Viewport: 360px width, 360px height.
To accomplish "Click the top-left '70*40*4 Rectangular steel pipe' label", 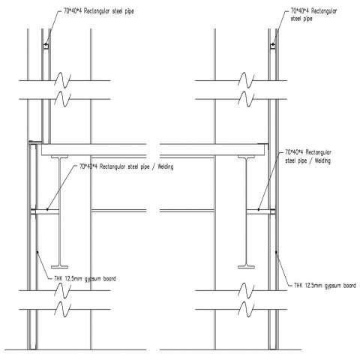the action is (99, 11).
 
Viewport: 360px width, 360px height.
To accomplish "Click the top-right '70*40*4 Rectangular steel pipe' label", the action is (313, 15).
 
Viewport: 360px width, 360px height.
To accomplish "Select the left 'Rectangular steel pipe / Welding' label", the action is (126, 166).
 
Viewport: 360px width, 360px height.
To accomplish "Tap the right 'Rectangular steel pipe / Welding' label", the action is (308, 157).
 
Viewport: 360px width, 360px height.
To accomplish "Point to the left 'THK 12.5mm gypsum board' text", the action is (85, 279).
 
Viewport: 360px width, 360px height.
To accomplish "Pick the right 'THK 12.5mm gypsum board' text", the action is (325, 286).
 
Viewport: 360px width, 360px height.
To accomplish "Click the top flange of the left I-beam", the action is (59, 157).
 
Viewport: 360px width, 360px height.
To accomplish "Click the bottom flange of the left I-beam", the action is (59, 267).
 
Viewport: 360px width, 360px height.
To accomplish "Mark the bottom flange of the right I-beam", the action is (246, 267).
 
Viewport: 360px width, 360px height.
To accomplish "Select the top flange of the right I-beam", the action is (246, 157).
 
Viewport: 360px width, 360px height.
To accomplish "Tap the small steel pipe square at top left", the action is (46, 46).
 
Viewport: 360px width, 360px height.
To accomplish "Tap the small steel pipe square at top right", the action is (273, 46).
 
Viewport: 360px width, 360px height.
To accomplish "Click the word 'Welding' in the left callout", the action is (166, 166).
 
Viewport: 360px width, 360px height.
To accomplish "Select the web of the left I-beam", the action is (59, 211).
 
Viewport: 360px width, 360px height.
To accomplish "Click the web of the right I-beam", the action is (246, 211).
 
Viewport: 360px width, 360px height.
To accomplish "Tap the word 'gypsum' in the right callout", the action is (333, 286).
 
